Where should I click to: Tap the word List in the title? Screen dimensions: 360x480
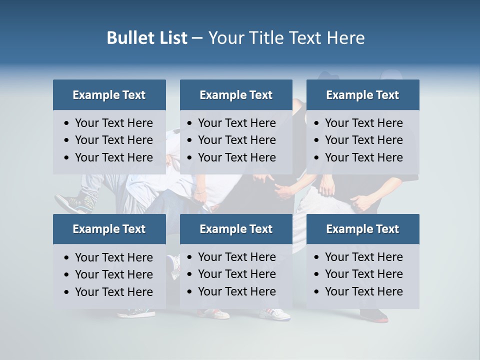pyautogui.click(x=170, y=38)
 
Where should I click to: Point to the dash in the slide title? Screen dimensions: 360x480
pyautogui.click(x=197, y=38)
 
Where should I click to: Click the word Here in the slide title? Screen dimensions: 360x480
pyautogui.click(x=345, y=38)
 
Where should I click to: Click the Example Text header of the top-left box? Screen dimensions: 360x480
pyautogui.click(x=109, y=95)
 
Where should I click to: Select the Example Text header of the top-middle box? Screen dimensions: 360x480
pyautogui.click(x=236, y=95)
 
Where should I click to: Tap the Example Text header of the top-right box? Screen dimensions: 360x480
pyautogui.click(x=362, y=95)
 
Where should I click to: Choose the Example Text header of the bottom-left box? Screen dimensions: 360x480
pyautogui.click(x=109, y=229)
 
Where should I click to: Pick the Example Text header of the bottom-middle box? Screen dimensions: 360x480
pyautogui.click(x=236, y=229)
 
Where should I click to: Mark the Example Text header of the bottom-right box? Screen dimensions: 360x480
pyautogui.click(x=362, y=229)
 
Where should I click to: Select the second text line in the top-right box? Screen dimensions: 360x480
pyautogui.click(x=363, y=140)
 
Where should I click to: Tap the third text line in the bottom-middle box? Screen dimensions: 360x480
pyautogui.click(x=236, y=291)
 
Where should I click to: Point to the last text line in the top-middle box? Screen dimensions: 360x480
pyautogui.click(x=236, y=157)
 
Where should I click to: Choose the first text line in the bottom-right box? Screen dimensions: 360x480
pyautogui.click(x=363, y=257)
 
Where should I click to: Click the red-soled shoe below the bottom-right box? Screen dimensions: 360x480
pyautogui.click(x=374, y=315)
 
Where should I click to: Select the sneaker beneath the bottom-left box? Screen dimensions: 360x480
pyautogui.click(x=136, y=313)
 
